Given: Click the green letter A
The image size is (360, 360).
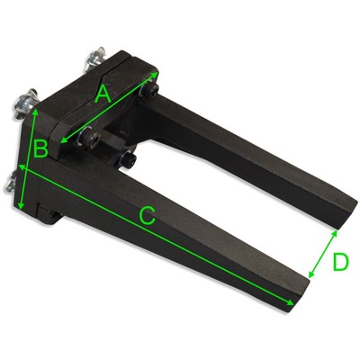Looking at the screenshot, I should [103, 93].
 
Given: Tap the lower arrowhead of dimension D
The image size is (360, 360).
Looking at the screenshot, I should [309, 277].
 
